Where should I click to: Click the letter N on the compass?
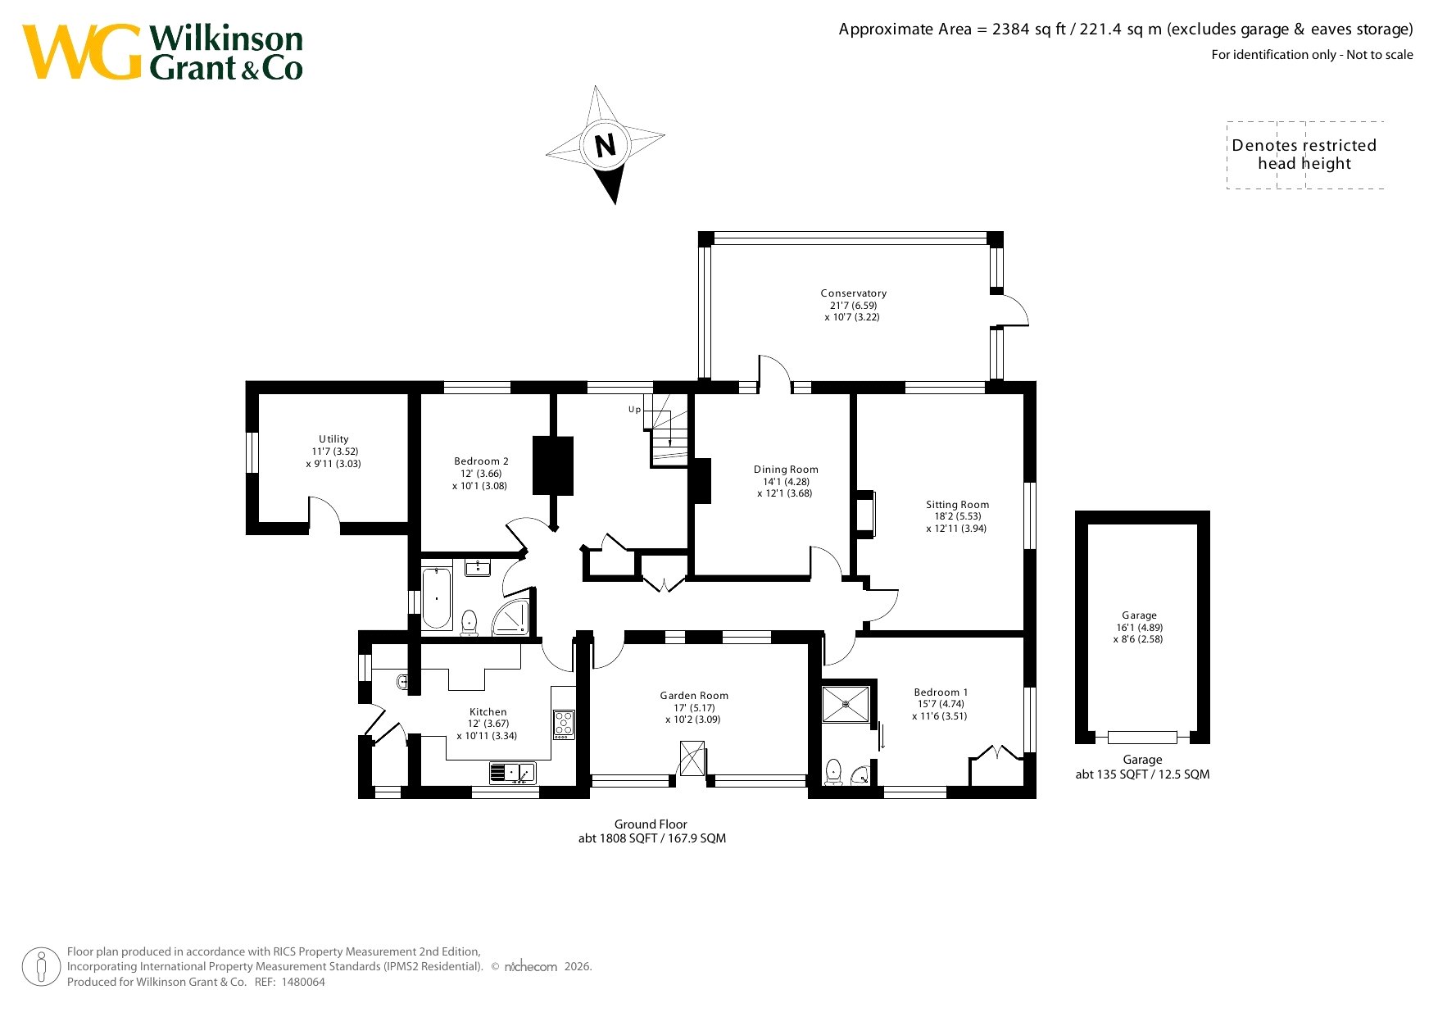605,146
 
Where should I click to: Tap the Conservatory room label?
853,293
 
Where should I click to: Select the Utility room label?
333,439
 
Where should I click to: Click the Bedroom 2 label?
481,461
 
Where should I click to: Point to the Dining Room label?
786,470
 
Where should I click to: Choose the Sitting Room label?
957,505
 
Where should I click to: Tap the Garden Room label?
694,696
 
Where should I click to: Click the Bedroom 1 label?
941,692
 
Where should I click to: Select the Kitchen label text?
488,712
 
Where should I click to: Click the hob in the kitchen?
564,724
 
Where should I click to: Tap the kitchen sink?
512,773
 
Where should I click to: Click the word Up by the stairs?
634,410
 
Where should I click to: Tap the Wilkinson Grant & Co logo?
162,52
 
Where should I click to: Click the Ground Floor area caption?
651,831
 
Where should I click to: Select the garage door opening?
1142,738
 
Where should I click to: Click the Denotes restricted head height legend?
1304,155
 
